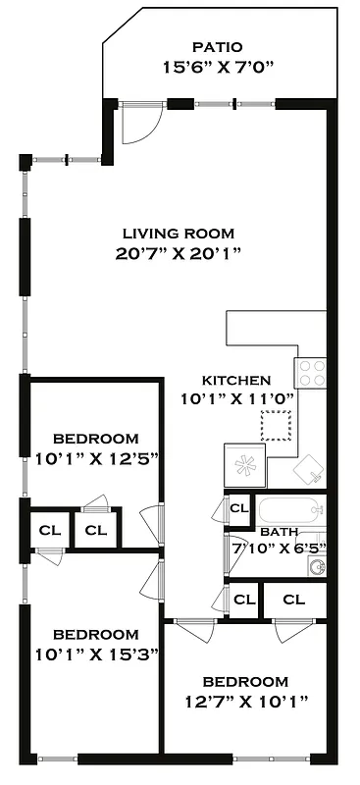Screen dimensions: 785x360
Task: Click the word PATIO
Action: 217,46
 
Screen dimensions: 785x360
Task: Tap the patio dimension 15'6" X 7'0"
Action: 216,67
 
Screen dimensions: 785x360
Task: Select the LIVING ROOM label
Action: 179,234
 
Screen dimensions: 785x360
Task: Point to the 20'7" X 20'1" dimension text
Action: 179,254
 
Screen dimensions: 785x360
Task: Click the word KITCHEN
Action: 235,380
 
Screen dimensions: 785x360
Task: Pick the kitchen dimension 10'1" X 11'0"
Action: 236,399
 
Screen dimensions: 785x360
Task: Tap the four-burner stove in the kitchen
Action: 312,372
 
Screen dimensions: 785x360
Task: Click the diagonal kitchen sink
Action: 309,470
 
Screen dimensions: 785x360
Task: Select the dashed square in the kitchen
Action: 276,427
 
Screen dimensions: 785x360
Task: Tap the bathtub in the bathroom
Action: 290,510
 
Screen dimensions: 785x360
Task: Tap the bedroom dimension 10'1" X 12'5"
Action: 95,457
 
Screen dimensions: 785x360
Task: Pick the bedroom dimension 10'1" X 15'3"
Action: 95,653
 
